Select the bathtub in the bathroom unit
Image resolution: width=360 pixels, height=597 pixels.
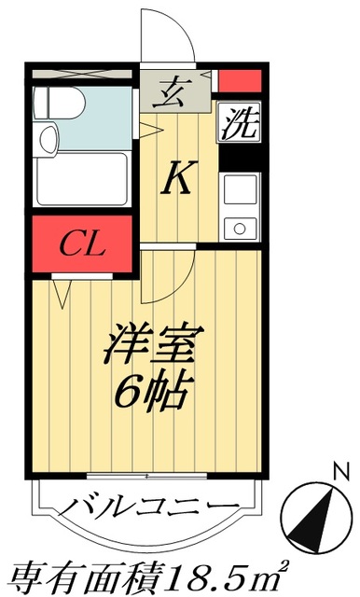[x=82, y=181]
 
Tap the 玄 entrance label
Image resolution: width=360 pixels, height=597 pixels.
[x=173, y=93]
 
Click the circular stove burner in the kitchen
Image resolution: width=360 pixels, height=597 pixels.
[x=240, y=226]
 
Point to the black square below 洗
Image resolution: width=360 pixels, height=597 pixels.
[x=239, y=160]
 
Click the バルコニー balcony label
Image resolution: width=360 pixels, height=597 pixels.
[x=149, y=509]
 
